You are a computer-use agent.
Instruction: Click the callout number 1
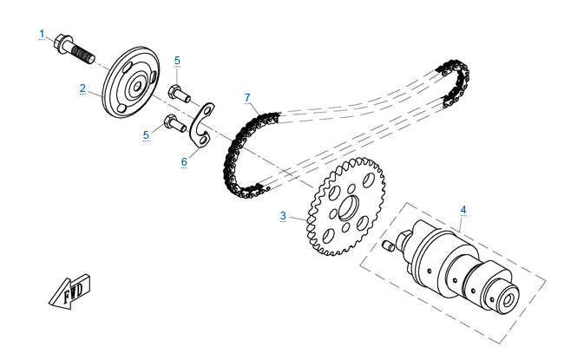click(43, 34)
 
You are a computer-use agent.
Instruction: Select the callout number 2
click(82, 88)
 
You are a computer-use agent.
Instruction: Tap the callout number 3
click(283, 216)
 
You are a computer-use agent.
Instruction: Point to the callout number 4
click(463, 210)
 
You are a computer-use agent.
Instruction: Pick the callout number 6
click(184, 162)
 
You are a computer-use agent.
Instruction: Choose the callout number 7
click(247, 97)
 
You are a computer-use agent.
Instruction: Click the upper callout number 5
click(177, 61)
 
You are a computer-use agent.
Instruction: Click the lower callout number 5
click(146, 134)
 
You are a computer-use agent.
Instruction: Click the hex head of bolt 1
click(62, 43)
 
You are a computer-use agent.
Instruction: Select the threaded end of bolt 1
click(83, 55)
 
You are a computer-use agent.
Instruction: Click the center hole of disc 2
click(137, 87)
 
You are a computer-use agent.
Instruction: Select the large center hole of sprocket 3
click(349, 207)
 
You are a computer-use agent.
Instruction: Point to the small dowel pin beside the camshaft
click(388, 246)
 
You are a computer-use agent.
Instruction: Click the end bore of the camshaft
click(508, 299)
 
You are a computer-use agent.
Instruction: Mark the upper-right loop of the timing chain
click(456, 83)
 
